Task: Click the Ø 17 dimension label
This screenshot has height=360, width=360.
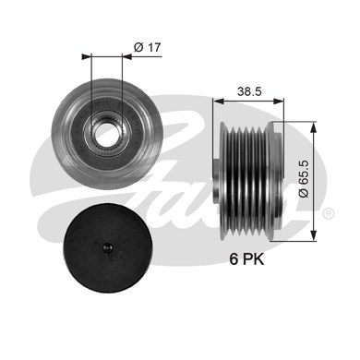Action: (x=148, y=47)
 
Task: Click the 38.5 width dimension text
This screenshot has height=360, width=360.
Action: (x=249, y=91)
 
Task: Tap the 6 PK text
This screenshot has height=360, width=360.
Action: (x=246, y=259)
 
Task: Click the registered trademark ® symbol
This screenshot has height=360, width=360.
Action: (x=329, y=213)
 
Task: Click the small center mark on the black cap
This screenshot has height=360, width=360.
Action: (x=107, y=247)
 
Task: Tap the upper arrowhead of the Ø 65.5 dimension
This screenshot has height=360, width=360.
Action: (x=314, y=126)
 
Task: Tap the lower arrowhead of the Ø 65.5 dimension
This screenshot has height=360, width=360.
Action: (x=314, y=235)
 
